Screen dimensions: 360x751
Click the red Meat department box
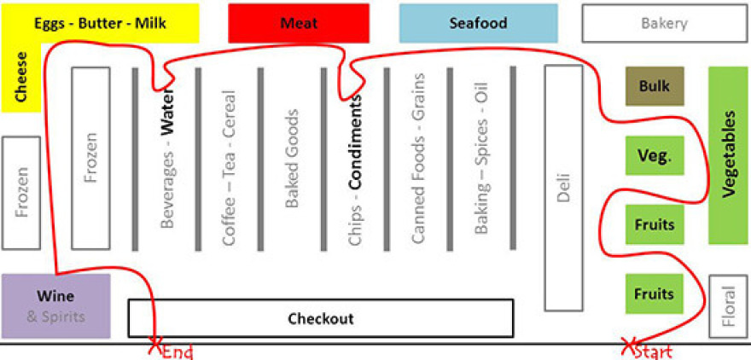point(299,23)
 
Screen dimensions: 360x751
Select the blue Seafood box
point(478,23)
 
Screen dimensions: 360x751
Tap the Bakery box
point(664,23)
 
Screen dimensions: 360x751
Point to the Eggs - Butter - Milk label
point(101,23)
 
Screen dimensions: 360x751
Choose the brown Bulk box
point(655,86)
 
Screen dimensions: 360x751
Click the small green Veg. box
point(655,156)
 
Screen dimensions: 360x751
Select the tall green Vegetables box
point(728,155)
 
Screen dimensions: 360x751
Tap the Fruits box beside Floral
point(655,294)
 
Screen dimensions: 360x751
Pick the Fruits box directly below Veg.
point(655,225)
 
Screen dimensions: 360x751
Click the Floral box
point(728,305)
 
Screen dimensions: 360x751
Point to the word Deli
point(562,188)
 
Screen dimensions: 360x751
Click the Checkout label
point(320,319)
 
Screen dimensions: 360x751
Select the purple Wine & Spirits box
point(55,305)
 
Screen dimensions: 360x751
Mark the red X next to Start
point(629,347)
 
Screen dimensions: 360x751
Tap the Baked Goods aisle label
point(292,159)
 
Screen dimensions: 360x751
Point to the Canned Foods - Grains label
point(418,159)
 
